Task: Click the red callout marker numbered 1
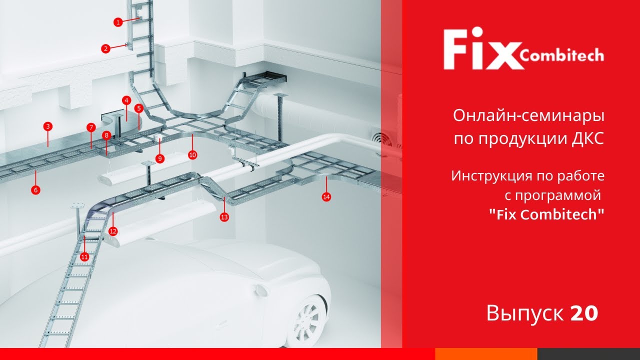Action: coord(118,22)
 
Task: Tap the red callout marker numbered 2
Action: coord(105,48)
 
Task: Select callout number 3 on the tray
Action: coord(47,126)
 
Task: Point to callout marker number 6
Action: coord(35,189)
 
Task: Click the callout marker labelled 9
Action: coord(159,158)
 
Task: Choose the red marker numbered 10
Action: coord(192,155)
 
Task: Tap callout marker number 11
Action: coord(84,256)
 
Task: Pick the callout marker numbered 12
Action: coord(113,231)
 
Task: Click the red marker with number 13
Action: coord(224,217)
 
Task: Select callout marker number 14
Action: coord(326,197)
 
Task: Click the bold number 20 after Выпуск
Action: coord(584,313)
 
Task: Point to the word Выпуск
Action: coord(525,313)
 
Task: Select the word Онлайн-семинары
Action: coord(528,116)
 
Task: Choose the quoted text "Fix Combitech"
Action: coord(546,214)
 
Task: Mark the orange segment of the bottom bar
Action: coord(486,354)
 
